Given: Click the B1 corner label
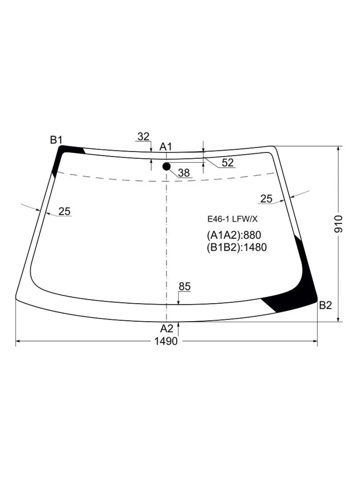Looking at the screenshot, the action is point(56,140).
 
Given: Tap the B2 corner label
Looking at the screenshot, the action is point(326,305).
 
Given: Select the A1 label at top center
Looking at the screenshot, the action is point(166,146).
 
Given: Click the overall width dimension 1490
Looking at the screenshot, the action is point(166,341).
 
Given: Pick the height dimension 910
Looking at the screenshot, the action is point(338,224).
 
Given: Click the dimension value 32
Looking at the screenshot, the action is point(143,137).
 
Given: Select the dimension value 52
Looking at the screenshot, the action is point(228,163).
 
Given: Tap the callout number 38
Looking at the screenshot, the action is point(184,173).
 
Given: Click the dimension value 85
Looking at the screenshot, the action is point(185,286).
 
